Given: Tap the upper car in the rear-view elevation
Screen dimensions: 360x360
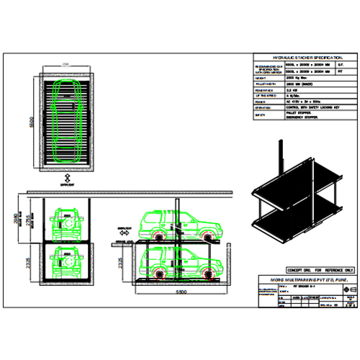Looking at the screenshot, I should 66,225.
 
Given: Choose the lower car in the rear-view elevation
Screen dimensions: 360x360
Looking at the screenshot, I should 66,262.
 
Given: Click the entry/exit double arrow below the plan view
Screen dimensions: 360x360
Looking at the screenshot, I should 66,177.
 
